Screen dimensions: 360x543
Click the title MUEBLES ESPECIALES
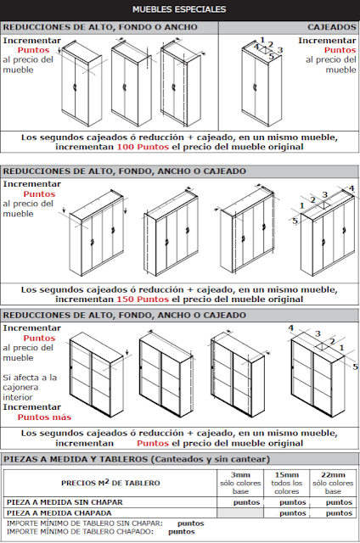click(179, 9)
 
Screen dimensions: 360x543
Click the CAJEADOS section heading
click(332, 27)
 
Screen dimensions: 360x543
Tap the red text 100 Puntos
click(143, 147)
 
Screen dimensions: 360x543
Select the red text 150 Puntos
click(143, 299)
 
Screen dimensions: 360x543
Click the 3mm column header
click(240, 475)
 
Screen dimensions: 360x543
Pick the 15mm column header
click(286, 475)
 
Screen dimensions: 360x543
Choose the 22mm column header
click(333, 475)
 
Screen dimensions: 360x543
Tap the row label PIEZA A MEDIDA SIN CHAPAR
click(65, 502)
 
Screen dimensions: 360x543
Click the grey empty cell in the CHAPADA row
click(240, 512)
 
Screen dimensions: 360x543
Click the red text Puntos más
click(44, 417)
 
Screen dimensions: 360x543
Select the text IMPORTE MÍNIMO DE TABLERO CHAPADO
click(80, 532)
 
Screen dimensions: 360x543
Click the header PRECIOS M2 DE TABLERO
click(110, 483)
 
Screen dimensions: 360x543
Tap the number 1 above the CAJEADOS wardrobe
click(262, 40)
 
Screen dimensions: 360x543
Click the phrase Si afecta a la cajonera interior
click(30, 387)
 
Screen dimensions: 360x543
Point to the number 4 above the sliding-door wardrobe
click(290, 327)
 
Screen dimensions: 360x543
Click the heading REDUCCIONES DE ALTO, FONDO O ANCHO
click(100, 27)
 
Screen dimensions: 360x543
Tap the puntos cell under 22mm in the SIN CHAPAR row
click(339, 502)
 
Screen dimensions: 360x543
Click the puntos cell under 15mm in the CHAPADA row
click(293, 512)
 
